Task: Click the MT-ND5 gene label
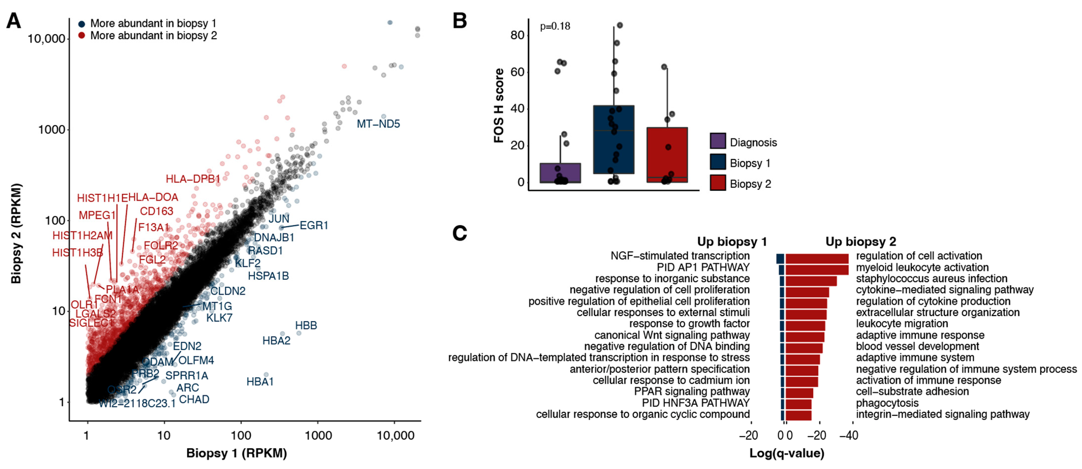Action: click(378, 124)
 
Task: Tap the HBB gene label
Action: click(306, 326)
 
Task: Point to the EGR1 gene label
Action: click(314, 226)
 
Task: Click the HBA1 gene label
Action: click(260, 382)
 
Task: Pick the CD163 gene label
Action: click(156, 211)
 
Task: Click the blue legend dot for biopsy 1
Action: click(82, 24)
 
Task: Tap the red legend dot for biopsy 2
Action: click(82, 36)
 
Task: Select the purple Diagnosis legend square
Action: click(718, 141)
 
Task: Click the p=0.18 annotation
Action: click(555, 26)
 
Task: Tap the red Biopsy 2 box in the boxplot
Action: click(667, 154)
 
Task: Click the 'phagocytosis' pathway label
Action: click(887, 403)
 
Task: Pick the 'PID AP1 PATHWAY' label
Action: click(703, 268)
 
